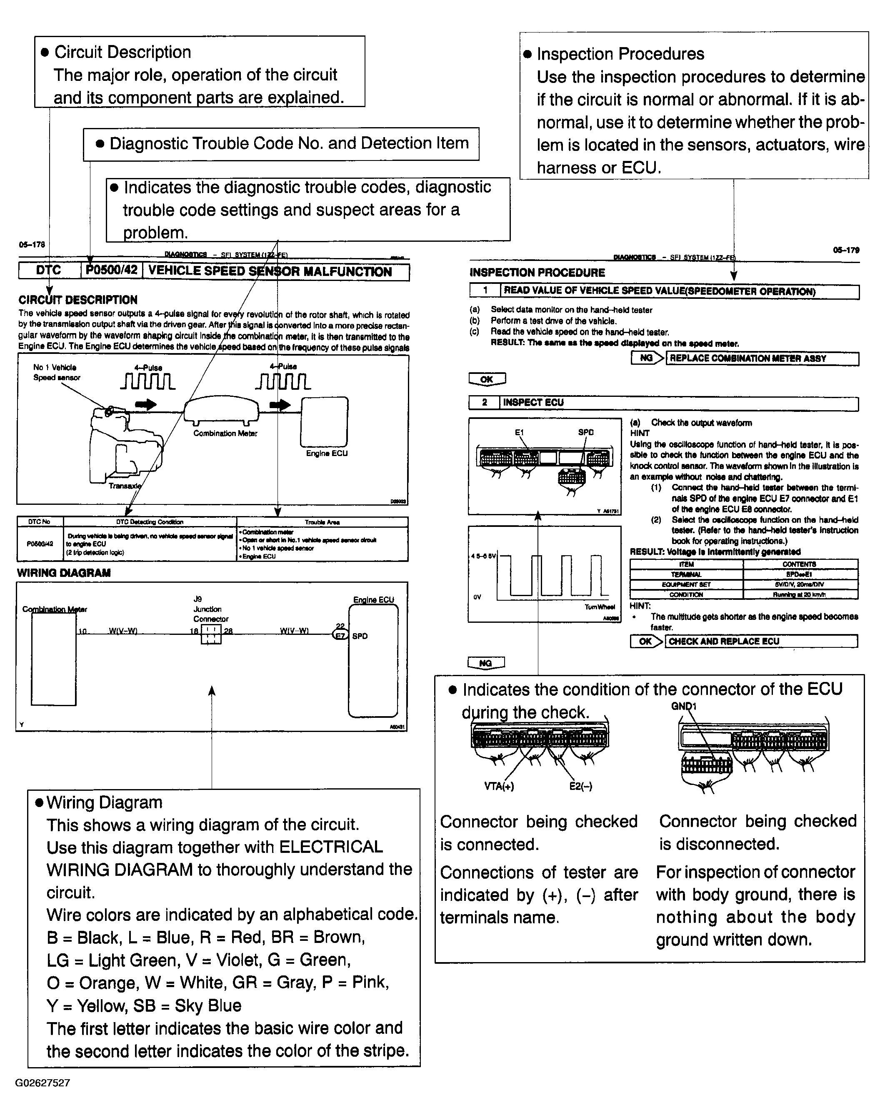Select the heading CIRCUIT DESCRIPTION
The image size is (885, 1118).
point(78,300)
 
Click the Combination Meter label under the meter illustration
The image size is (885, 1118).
point(225,433)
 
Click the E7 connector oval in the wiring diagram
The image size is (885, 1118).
point(340,635)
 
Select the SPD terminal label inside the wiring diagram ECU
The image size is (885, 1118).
point(360,636)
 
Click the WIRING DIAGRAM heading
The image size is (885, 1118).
point(64,573)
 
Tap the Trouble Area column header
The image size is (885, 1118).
point(322,522)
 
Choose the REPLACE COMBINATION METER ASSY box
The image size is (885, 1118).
point(762,358)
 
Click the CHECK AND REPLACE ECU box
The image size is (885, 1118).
point(761,641)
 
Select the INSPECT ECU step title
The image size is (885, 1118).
point(533,402)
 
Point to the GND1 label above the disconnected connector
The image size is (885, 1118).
point(684,706)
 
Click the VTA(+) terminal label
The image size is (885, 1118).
point(499,786)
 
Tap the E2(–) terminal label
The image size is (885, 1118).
point(580,786)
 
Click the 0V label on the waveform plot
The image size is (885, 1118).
point(477,597)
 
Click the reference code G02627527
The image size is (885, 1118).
point(42,1083)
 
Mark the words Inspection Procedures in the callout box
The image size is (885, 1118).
point(620,54)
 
